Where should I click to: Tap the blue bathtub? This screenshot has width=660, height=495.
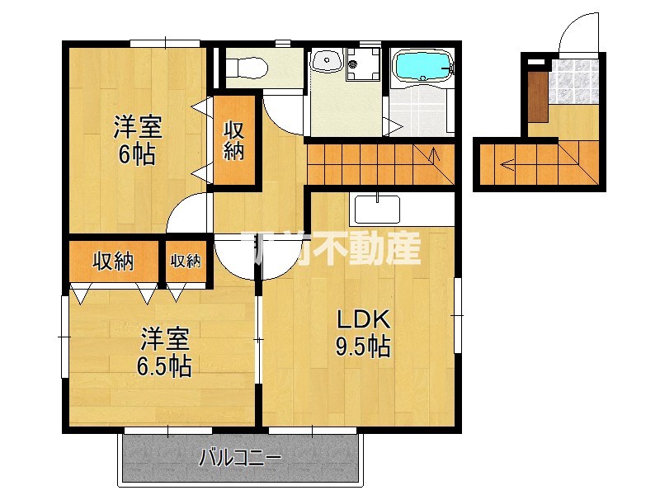pos(422,66)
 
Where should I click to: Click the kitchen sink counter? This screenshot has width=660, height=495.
pos(378,210)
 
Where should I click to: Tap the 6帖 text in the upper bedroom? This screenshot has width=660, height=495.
pos(137,154)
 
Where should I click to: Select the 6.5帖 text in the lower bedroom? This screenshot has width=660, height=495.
pos(165,365)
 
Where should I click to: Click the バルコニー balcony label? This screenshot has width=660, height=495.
pos(240,457)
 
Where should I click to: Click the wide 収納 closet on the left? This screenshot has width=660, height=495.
pos(113,262)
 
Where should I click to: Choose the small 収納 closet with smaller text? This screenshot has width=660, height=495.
pos(186,262)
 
